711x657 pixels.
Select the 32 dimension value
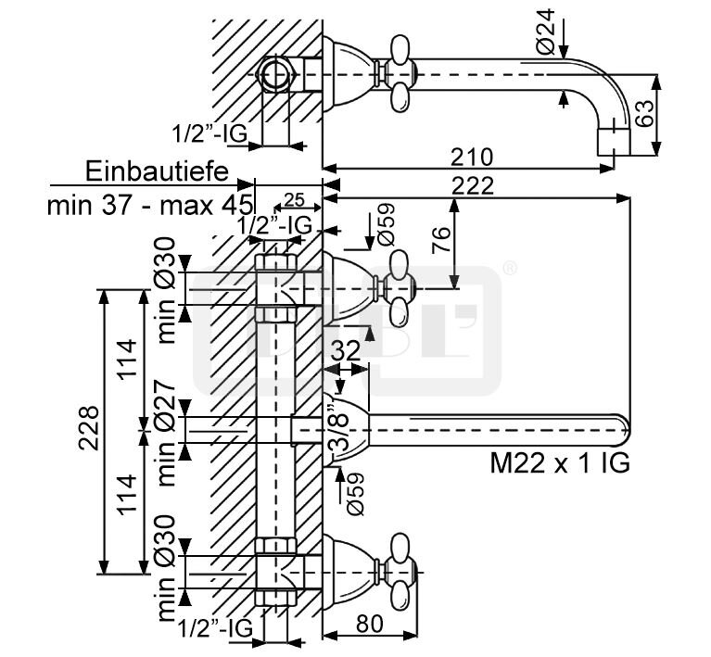click(344, 349)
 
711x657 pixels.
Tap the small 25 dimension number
click(295, 199)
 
